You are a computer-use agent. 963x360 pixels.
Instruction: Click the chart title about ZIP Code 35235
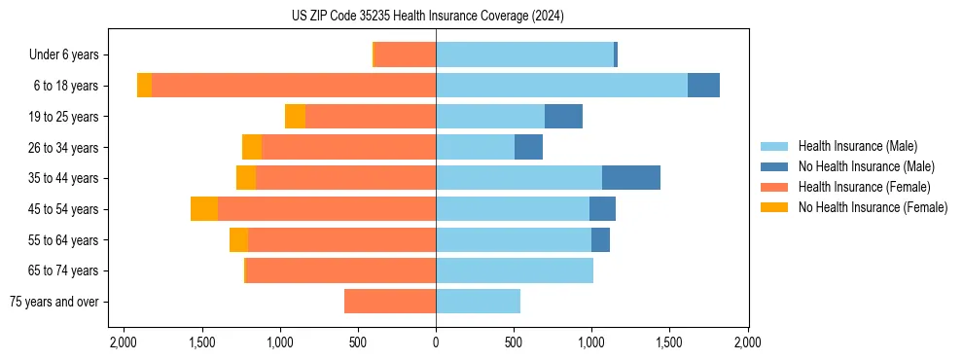click(x=427, y=16)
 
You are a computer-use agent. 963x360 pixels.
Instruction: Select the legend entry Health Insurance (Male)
click(x=857, y=146)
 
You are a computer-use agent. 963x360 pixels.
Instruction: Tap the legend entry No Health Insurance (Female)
click(x=873, y=207)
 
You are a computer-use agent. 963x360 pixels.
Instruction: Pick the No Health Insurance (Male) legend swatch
click(x=775, y=166)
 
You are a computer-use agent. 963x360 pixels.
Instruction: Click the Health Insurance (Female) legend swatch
click(x=775, y=187)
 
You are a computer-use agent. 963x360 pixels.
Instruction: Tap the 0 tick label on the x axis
click(x=436, y=343)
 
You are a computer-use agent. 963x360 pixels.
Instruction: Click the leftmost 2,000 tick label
click(x=124, y=343)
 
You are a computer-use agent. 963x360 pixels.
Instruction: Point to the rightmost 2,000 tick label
click(x=747, y=343)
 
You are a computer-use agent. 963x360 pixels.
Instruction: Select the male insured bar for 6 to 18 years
click(x=561, y=86)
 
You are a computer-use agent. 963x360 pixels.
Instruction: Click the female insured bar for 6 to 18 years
click(x=294, y=86)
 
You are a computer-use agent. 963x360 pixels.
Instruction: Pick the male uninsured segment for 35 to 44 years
click(x=631, y=178)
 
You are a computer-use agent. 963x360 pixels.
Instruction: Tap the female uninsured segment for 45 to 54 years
click(x=204, y=209)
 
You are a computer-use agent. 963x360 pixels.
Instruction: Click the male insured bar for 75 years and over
click(x=478, y=302)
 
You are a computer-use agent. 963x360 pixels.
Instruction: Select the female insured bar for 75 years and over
click(x=390, y=302)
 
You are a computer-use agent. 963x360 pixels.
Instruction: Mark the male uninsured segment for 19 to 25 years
click(x=563, y=117)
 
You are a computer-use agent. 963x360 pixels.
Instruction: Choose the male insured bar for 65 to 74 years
click(x=515, y=270)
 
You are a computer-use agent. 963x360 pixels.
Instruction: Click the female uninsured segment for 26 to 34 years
click(x=252, y=147)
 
